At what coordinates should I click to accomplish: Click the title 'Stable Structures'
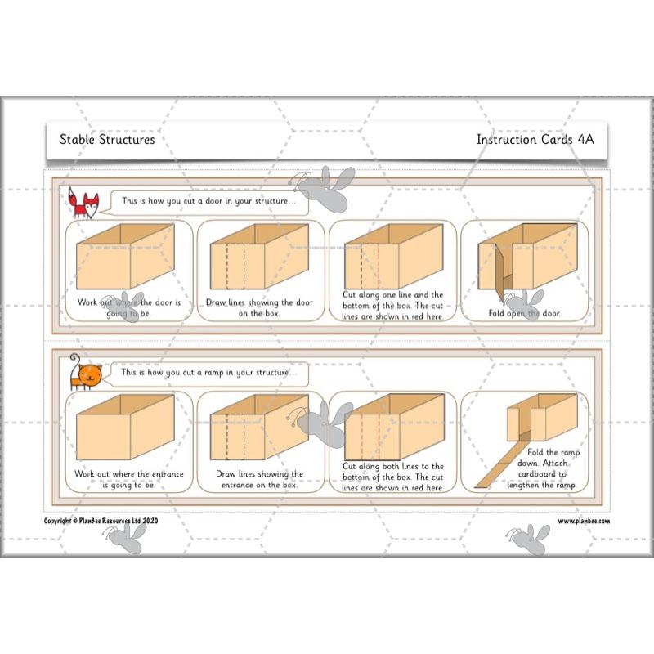[107, 139]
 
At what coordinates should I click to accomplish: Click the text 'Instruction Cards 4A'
[535, 139]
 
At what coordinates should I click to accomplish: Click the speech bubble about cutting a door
[211, 201]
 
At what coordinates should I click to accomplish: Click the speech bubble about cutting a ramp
[210, 372]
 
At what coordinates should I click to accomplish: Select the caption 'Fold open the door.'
[525, 313]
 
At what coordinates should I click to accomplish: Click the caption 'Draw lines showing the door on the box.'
[260, 307]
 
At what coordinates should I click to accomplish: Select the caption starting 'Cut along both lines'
[392, 477]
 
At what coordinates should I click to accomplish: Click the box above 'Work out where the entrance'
[124, 426]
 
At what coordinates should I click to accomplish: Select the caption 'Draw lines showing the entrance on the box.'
[260, 478]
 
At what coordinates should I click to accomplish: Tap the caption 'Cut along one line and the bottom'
[392, 306]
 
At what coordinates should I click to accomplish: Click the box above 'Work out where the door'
[124, 255]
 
